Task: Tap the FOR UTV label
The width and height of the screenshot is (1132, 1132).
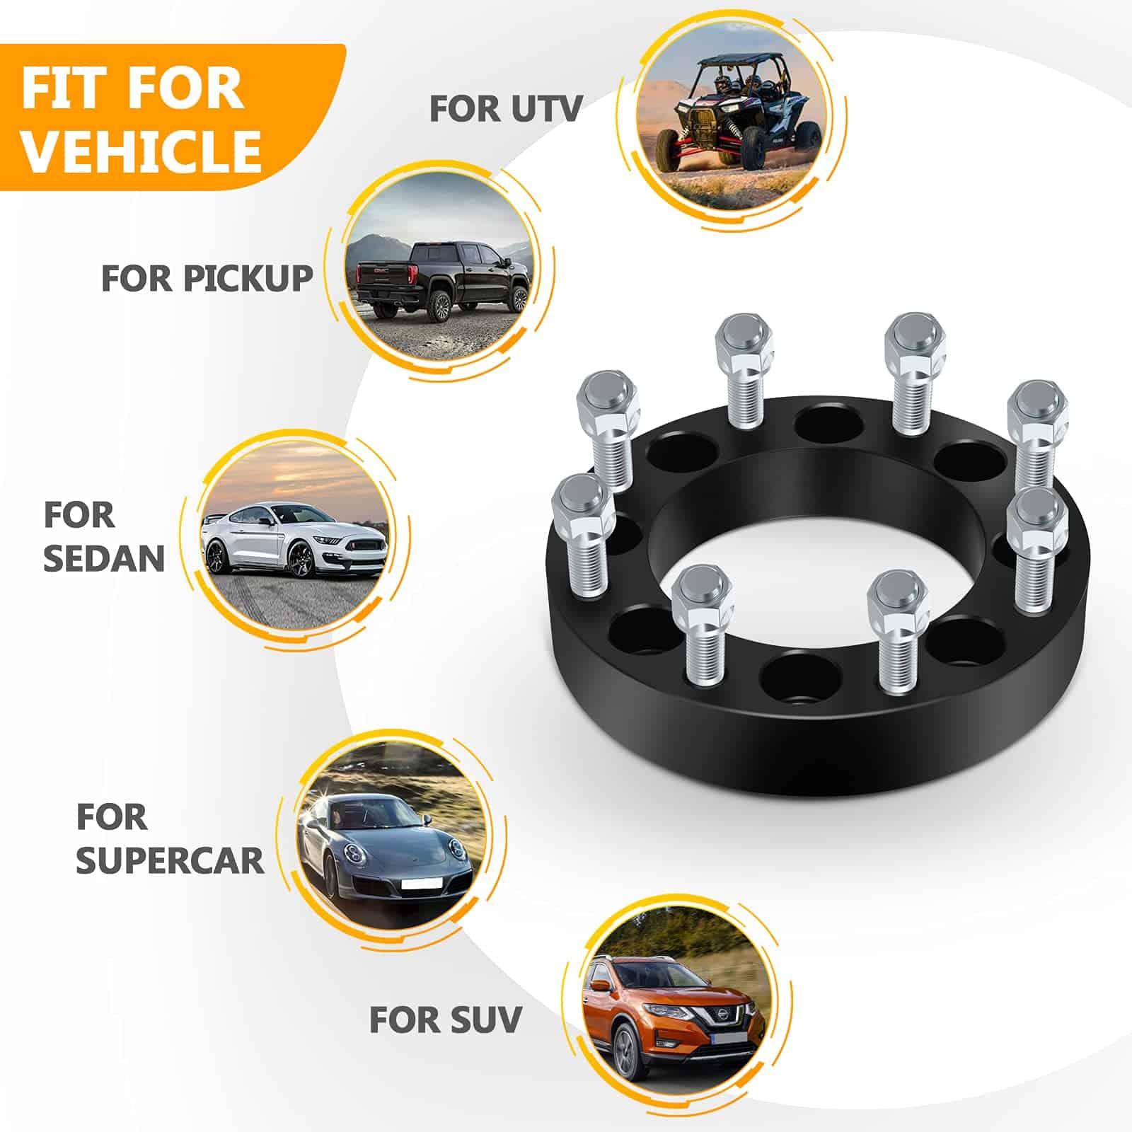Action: pos(506,109)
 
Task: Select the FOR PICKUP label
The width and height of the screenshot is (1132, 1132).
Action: pos(207,278)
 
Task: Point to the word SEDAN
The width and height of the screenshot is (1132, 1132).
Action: pos(104,558)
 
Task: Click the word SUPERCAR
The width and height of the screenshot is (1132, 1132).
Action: pos(170,860)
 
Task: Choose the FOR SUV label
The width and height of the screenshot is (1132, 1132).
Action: pos(445,1020)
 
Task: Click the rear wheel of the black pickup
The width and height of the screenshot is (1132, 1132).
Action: pos(441,304)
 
